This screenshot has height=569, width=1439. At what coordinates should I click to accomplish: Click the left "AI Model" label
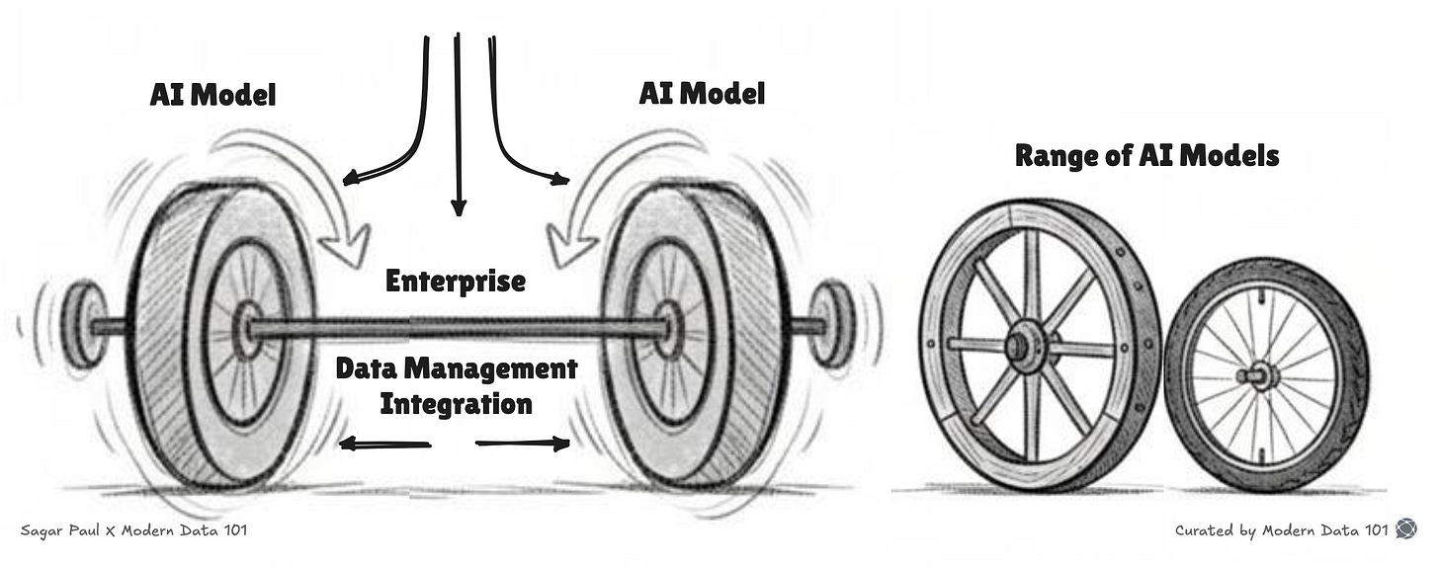pyautogui.click(x=212, y=96)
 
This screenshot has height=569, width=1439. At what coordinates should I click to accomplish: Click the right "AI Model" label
pyautogui.click(x=701, y=94)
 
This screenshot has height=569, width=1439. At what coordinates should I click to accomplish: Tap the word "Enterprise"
pyautogui.click(x=456, y=281)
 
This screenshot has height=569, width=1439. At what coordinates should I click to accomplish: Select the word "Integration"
pyautogui.click(x=456, y=403)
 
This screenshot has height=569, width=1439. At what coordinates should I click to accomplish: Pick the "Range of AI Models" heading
pyautogui.click(x=1146, y=155)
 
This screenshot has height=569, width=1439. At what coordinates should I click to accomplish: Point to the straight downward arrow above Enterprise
pyautogui.click(x=457, y=128)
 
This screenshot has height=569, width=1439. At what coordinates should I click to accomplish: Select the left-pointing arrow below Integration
pyautogui.click(x=385, y=445)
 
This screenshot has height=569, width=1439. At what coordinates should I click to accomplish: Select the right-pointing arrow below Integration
pyautogui.click(x=524, y=444)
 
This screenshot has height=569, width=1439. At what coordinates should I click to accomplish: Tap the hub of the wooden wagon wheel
pyautogui.click(x=1018, y=347)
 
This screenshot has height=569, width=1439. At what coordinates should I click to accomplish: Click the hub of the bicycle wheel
pyautogui.click(x=1258, y=374)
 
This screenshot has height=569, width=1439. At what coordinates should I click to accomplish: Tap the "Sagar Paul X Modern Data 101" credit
pyautogui.click(x=133, y=530)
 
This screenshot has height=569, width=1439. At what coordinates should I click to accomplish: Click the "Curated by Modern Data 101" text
pyautogui.click(x=1281, y=529)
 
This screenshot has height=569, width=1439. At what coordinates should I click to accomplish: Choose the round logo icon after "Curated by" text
pyautogui.click(x=1405, y=529)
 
